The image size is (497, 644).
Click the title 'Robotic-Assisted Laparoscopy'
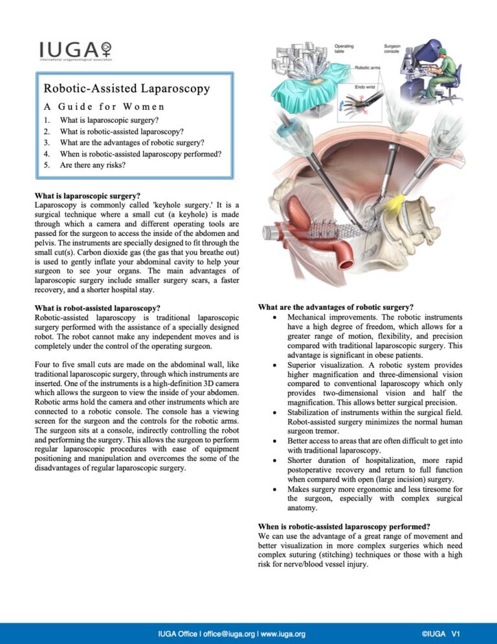click(127, 89)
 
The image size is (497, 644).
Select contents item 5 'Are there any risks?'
click(93, 165)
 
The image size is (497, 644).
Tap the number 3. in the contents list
click(47, 142)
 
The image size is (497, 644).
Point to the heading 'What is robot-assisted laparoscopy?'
click(97, 308)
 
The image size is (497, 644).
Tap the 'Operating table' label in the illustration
click(344, 49)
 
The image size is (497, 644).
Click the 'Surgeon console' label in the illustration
click(393, 49)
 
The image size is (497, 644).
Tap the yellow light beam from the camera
click(393, 192)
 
